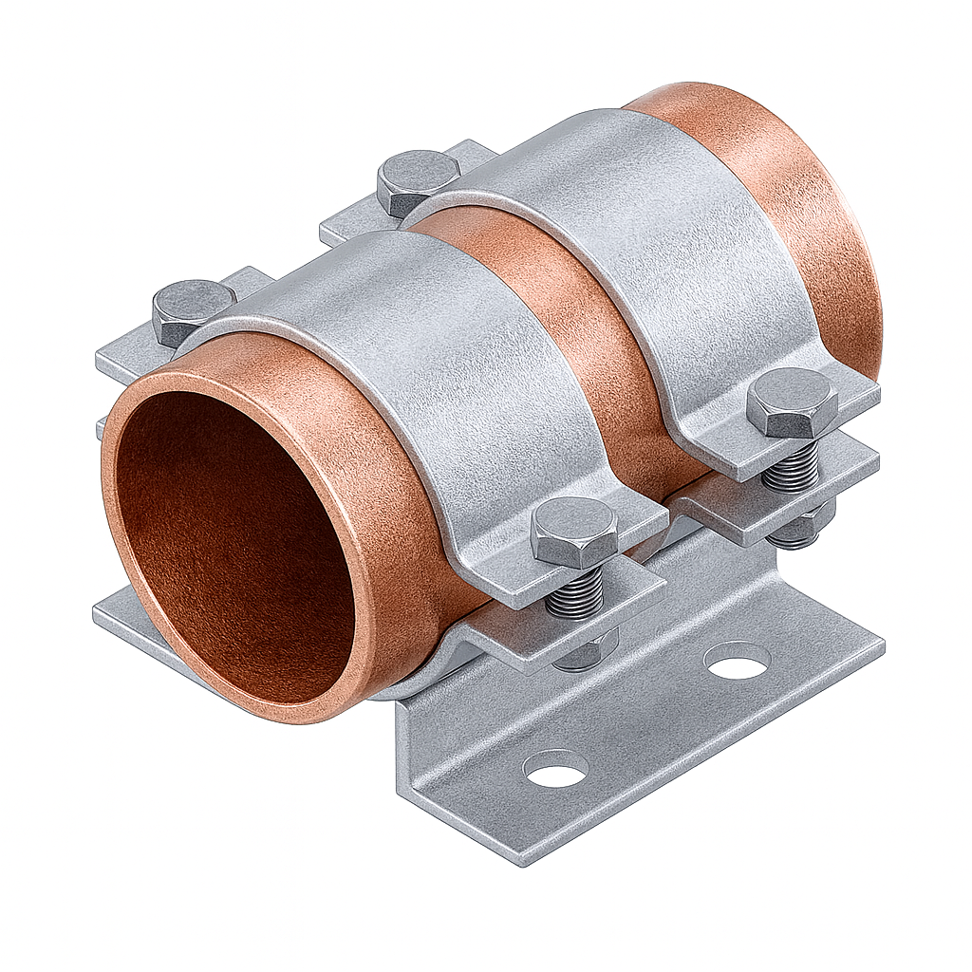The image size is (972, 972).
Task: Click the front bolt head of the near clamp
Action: (573, 532)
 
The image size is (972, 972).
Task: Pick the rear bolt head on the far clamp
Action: (418, 180)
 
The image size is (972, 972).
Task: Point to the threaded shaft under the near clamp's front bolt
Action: (575, 593)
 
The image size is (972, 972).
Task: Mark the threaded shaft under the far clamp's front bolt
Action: (790, 465)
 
